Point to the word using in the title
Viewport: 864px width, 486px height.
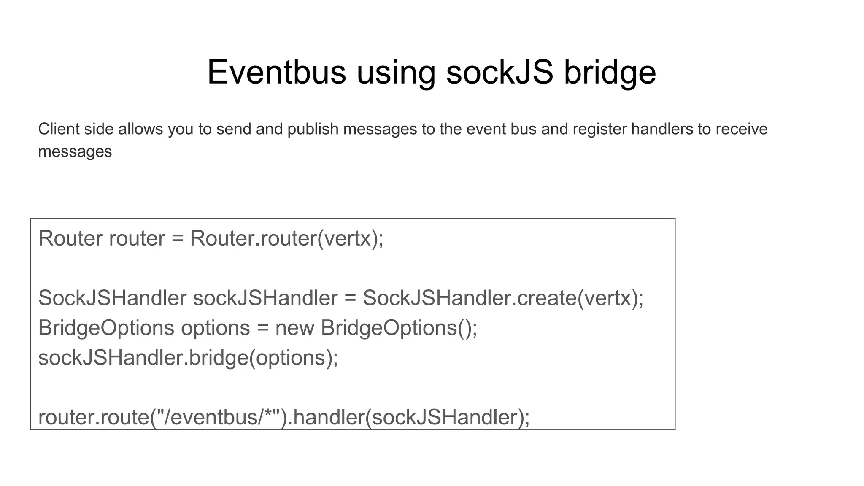(x=396, y=73)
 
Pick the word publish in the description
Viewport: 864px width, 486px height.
(x=313, y=129)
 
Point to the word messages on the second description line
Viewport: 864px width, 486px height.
(x=75, y=151)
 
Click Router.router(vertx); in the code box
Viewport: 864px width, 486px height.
(x=286, y=238)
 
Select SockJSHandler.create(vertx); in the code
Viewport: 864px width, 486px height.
(x=503, y=298)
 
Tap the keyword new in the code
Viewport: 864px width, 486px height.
(x=294, y=328)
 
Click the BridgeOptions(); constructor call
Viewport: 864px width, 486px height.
(x=399, y=328)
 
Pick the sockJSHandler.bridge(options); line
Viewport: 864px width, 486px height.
(x=188, y=358)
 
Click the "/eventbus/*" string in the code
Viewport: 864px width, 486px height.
(x=219, y=417)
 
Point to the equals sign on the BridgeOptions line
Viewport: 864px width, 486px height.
(x=262, y=328)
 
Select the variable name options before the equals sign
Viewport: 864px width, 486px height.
(x=215, y=328)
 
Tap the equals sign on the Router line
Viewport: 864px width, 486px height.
(x=178, y=238)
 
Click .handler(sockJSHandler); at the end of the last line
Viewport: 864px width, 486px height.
(x=409, y=417)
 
